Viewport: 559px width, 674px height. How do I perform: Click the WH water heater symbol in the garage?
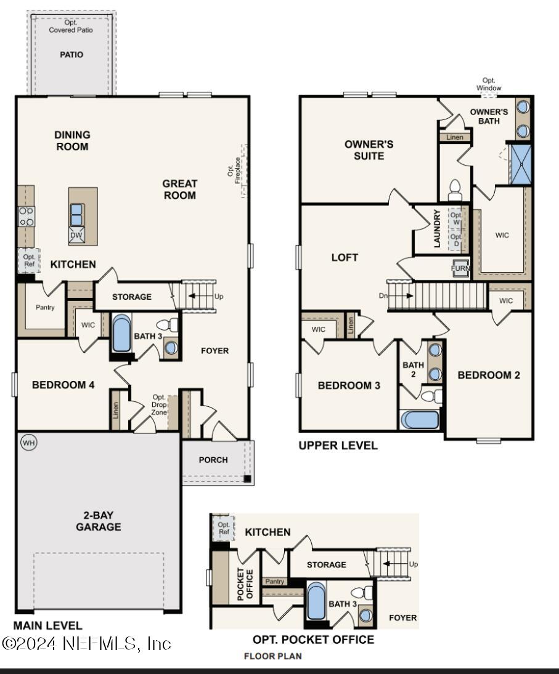click(28, 443)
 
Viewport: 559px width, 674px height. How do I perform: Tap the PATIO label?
click(71, 55)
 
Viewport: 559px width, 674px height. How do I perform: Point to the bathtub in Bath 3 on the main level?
click(121, 335)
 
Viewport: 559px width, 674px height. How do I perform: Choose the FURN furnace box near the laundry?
click(460, 269)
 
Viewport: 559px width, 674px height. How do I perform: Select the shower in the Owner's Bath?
click(520, 163)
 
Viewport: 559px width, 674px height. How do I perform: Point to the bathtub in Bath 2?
click(420, 420)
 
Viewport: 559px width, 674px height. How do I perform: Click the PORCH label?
click(213, 460)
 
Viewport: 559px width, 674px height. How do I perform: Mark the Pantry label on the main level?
click(45, 307)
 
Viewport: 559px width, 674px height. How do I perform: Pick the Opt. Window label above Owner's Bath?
click(489, 84)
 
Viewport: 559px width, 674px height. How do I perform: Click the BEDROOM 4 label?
click(63, 385)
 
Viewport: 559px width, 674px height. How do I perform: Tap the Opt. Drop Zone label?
click(159, 405)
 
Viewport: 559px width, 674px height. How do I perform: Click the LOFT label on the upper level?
click(345, 258)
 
